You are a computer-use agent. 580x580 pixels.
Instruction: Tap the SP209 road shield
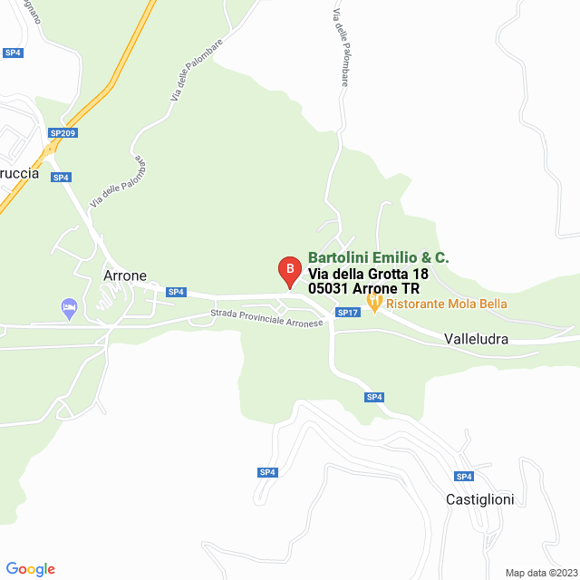coord(63,133)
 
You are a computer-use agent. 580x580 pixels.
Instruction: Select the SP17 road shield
coord(348,313)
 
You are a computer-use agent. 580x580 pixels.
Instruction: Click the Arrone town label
coord(125,276)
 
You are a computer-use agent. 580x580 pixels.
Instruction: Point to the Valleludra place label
coord(476,339)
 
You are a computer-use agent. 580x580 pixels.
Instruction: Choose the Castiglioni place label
coord(479,499)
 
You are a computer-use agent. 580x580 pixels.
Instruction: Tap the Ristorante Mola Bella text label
coord(446,304)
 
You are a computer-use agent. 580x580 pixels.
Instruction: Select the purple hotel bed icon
coord(69,308)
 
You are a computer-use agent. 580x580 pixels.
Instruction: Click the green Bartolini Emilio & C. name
coord(378,258)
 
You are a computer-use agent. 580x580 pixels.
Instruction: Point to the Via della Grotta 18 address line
coord(368,274)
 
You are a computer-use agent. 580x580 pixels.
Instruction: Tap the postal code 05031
coord(329,289)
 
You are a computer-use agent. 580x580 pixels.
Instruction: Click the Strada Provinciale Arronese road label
coord(266,318)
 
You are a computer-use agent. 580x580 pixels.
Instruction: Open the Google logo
coord(32,569)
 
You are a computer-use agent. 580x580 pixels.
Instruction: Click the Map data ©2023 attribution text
coord(540,573)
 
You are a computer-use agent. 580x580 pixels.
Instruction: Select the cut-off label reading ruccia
coord(20,174)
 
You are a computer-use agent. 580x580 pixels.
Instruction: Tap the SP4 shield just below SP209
coord(61,178)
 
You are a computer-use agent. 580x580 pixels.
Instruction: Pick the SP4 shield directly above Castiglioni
coord(464,477)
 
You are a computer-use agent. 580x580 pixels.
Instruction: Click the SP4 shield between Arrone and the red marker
coord(176,292)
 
